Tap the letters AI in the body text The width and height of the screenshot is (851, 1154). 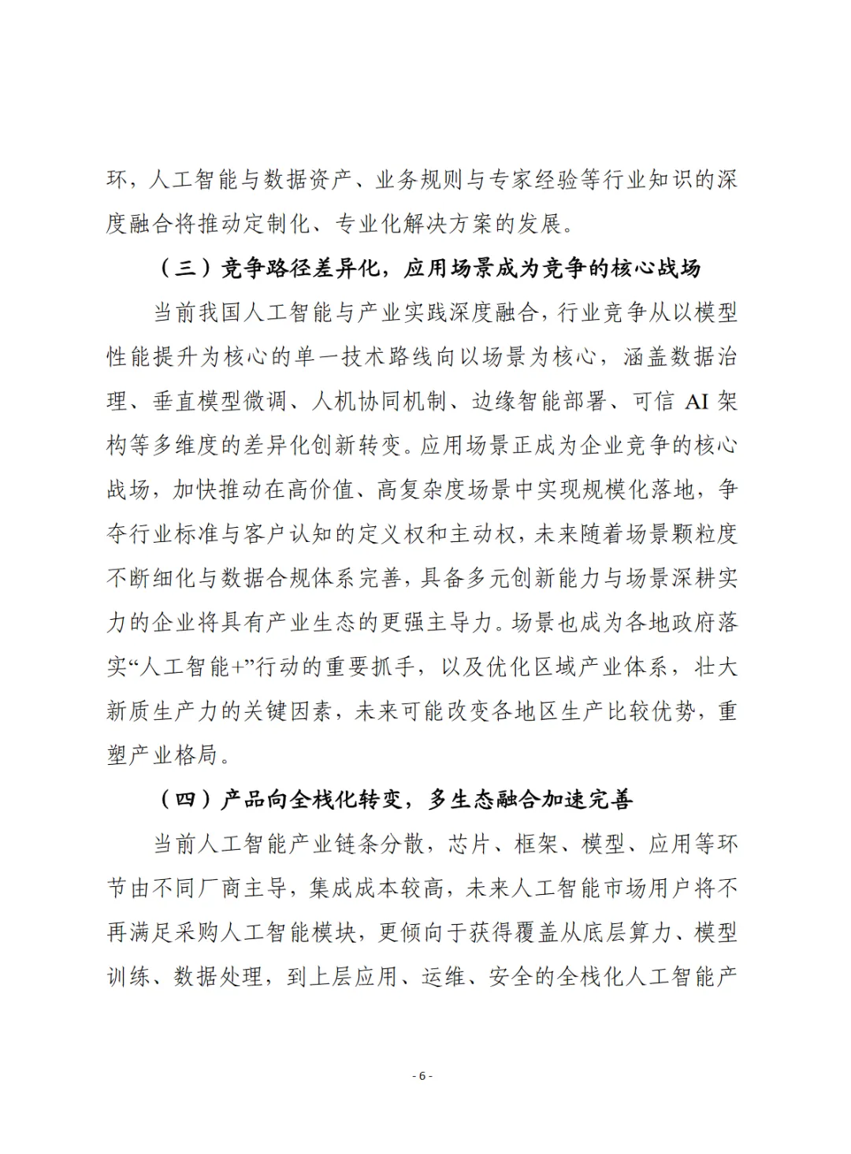coord(697,402)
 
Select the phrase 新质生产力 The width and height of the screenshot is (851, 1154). coord(163,711)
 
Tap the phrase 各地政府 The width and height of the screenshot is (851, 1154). coord(669,623)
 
